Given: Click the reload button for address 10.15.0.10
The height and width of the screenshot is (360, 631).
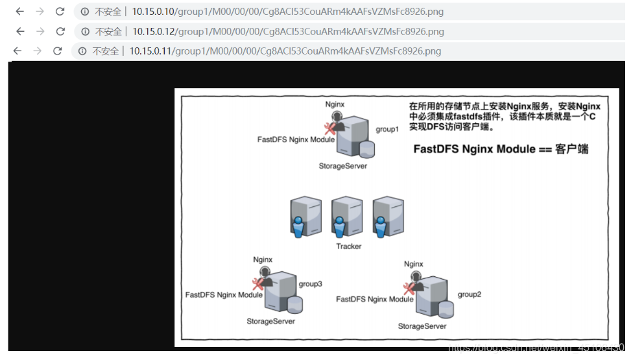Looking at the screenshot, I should click(60, 12).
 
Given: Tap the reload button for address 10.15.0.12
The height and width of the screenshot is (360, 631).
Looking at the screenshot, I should click(61, 31).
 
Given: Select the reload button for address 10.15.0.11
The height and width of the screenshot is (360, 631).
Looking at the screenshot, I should click(58, 51).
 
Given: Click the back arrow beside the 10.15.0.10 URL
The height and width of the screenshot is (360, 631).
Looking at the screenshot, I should click(20, 12).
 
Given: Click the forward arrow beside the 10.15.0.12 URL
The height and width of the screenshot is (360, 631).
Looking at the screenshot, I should click(40, 31).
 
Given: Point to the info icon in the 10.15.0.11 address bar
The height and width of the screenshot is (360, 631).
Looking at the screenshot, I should click(82, 51).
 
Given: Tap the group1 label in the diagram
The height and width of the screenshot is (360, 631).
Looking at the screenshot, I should click(387, 129).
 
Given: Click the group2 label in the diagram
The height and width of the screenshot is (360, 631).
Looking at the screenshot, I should click(470, 294).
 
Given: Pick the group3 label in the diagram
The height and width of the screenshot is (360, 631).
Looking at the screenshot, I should click(310, 283).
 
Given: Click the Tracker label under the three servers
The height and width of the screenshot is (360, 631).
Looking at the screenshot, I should click(349, 246).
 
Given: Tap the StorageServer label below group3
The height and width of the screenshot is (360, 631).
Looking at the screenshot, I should click(270, 321).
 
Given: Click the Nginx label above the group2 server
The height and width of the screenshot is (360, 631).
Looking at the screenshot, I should click(413, 264).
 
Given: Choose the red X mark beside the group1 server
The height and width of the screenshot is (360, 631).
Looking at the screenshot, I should click(330, 128).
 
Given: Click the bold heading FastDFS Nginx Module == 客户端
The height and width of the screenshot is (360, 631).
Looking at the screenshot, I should click(501, 149).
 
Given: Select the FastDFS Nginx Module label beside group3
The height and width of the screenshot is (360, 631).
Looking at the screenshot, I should click(224, 294).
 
